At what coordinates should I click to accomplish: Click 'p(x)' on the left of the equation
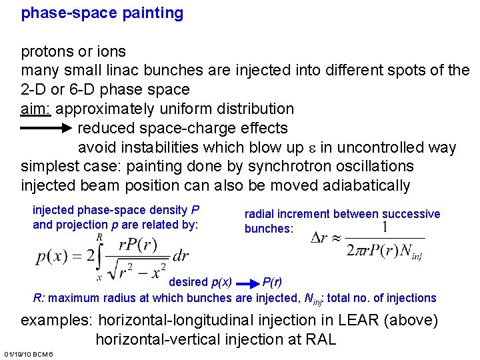click(x=52, y=256)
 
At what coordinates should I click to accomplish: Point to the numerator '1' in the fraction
click(x=385, y=228)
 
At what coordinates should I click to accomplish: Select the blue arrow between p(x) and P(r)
click(x=247, y=282)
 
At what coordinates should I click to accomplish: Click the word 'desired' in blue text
click(x=188, y=282)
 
